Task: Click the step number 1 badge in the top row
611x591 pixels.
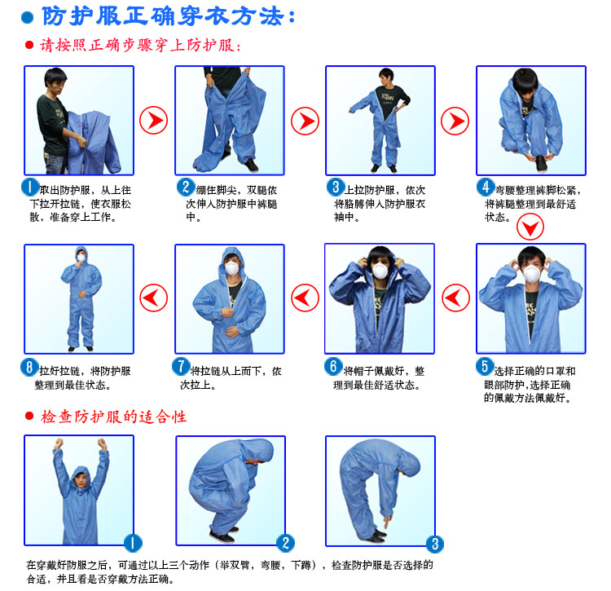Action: pos(30,187)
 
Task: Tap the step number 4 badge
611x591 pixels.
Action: pos(486,187)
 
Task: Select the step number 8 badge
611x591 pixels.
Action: pos(30,367)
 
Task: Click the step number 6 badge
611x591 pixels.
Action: pos(332,366)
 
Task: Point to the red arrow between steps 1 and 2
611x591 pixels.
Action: pos(153,121)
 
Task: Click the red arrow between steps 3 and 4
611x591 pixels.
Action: pos(455,121)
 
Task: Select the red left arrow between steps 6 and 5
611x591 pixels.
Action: pos(455,298)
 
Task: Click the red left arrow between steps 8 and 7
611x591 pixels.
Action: pos(153,298)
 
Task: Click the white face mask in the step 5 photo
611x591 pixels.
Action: pos(532,271)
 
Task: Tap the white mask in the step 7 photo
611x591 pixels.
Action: pos(231,268)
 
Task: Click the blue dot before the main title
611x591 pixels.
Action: pos(27,17)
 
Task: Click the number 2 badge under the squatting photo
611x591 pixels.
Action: pos(285,543)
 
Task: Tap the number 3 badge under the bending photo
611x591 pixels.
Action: pos(435,543)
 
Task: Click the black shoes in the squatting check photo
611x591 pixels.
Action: pos(221,536)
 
